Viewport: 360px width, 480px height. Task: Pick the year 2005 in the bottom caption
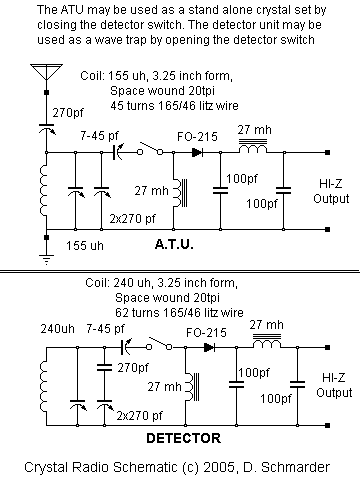pyautogui.click(x=229, y=465)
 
